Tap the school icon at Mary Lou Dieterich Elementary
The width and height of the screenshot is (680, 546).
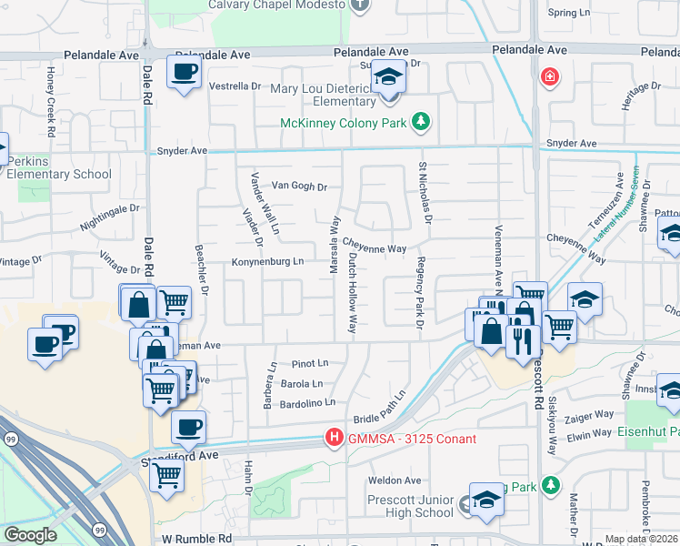click(388, 77)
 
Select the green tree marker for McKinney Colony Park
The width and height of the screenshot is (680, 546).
click(420, 121)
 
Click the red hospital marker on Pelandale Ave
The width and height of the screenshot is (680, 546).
click(549, 76)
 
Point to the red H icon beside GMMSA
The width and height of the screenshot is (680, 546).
click(334, 440)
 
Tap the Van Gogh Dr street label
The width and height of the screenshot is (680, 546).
click(299, 187)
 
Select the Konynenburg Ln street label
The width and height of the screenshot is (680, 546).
click(267, 261)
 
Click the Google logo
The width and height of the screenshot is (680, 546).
click(30, 535)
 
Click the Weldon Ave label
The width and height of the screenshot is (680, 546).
click(395, 480)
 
